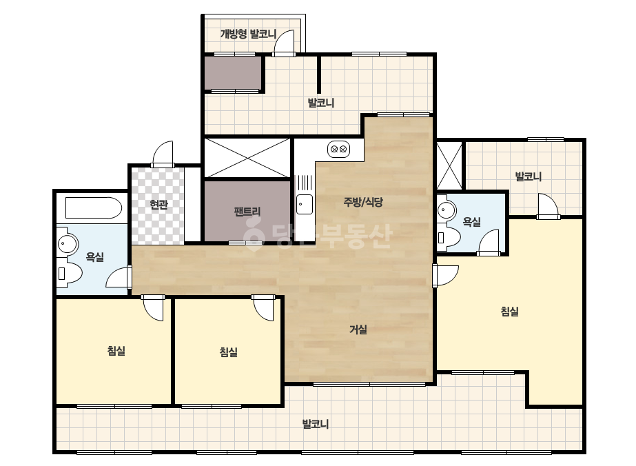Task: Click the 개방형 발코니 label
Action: pyautogui.click(x=248, y=34)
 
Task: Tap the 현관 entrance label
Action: pyautogui.click(x=158, y=205)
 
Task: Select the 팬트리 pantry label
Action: pyautogui.click(x=247, y=212)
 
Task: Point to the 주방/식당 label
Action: pyautogui.click(x=363, y=202)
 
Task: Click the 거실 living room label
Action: pyautogui.click(x=358, y=330)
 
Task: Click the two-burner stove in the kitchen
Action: pyautogui.click(x=339, y=150)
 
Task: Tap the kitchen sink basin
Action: pyautogui.click(x=304, y=204)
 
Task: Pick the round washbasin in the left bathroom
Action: pyautogui.click(x=68, y=244)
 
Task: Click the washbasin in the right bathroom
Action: pyautogui.click(x=447, y=210)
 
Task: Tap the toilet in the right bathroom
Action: pyautogui.click(x=449, y=236)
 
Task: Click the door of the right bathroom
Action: pyautogui.click(x=488, y=243)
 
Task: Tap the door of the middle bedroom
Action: pyautogui.click(x=263, y=307)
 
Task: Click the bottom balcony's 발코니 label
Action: pyautogui.click(x=316, y=424)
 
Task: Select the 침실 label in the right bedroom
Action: pyautogui.click(x=510, y=312)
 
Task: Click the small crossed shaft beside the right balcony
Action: pyautogui.click(x=449, y=165)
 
